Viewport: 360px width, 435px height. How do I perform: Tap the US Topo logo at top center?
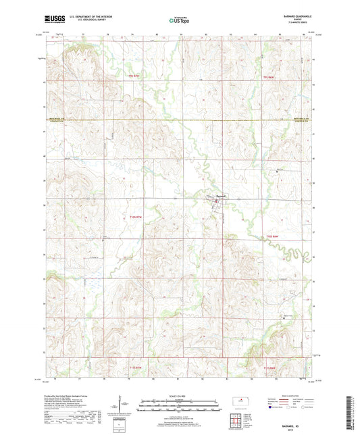click(x=179, y=21)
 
